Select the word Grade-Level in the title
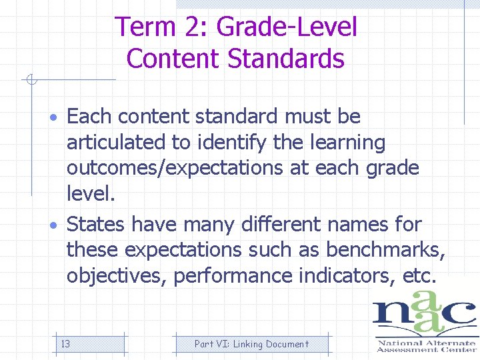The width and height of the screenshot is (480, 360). (x=287, y=27)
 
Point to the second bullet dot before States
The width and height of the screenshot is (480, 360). (x=59, y=225)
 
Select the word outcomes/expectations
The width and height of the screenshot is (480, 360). (x=175, y=168)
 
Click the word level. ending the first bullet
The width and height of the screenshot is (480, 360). (x=91, y=195)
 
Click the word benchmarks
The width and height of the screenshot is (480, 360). (x=385, y=250)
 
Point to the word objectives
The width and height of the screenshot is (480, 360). (x=117, y=276)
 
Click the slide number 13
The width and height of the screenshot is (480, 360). (x=66, y=344)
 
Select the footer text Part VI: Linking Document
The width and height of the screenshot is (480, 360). (x=251, y=344)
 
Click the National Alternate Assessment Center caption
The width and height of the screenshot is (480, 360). (x=425, y=345)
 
